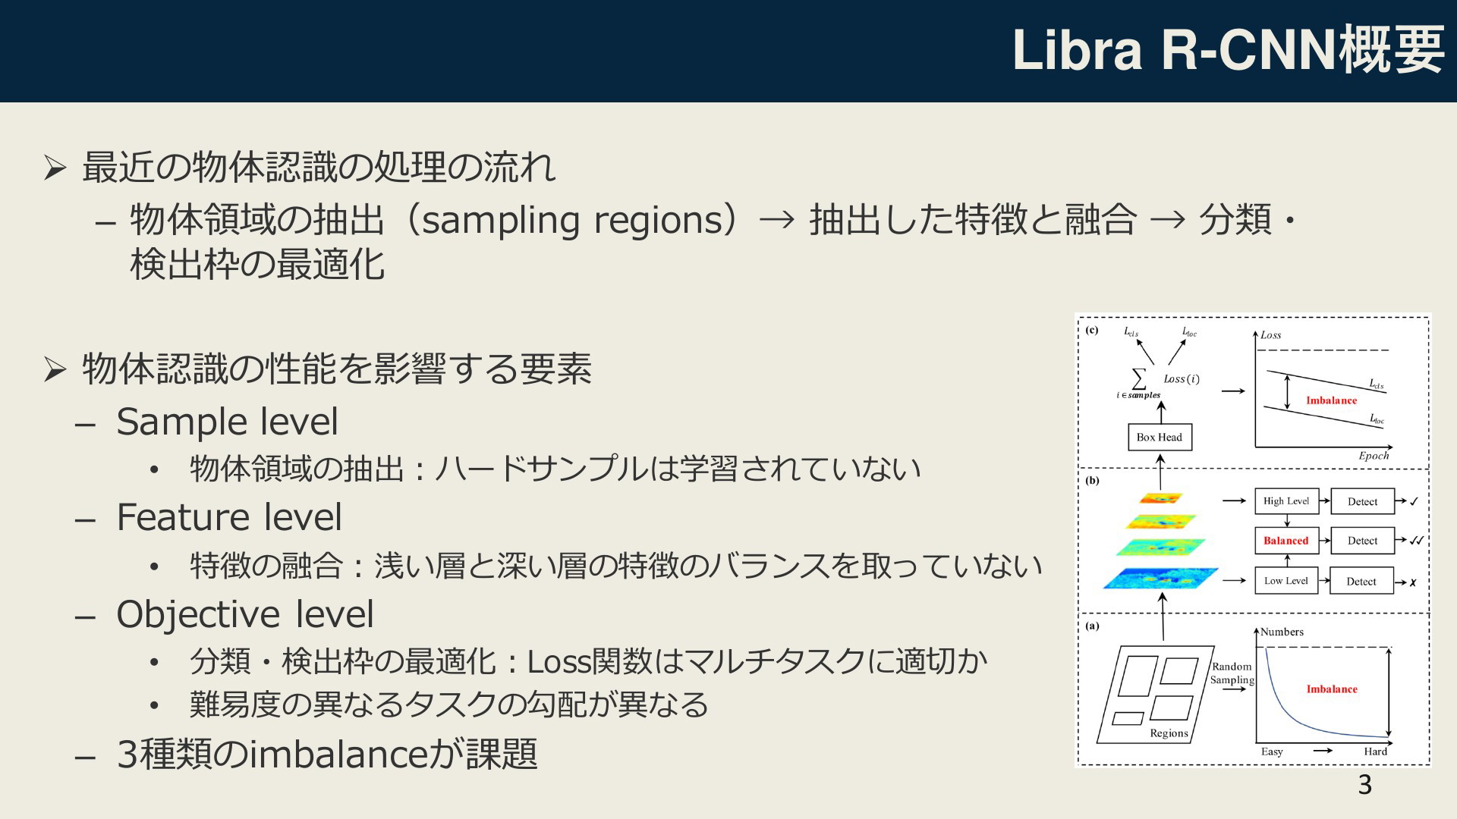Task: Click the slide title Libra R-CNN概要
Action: (1229, 50)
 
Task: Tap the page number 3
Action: (1364, 785)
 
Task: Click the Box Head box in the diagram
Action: (1160, 437)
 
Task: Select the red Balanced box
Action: (1286, 541)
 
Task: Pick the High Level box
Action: (1286, 501)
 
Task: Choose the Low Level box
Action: (1286, 581)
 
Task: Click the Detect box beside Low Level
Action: (1361, 582)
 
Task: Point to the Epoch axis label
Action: (1374, 456)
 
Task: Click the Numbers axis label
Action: (1282, 632)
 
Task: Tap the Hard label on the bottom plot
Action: (1375, 752)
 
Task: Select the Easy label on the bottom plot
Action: (1272, 752)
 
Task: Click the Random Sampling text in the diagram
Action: (1232, 673)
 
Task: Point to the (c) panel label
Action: (1092, 330)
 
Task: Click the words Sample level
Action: (227, 422)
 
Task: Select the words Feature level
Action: (229, 517)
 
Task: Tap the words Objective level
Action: (245, 614)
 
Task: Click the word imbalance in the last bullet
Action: (338, 755)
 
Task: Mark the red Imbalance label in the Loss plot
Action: (1332, 400)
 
